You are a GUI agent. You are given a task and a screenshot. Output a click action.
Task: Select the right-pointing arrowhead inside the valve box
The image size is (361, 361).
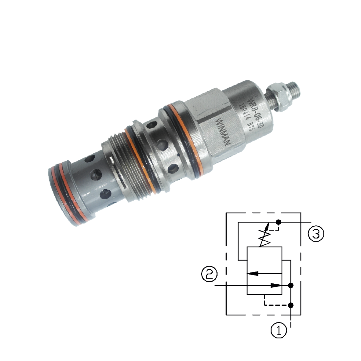(276, 285)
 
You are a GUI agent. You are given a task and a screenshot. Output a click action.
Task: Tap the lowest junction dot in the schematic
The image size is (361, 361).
(291, 305)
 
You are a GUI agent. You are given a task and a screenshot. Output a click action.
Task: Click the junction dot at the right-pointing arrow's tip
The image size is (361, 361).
(291, 285)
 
